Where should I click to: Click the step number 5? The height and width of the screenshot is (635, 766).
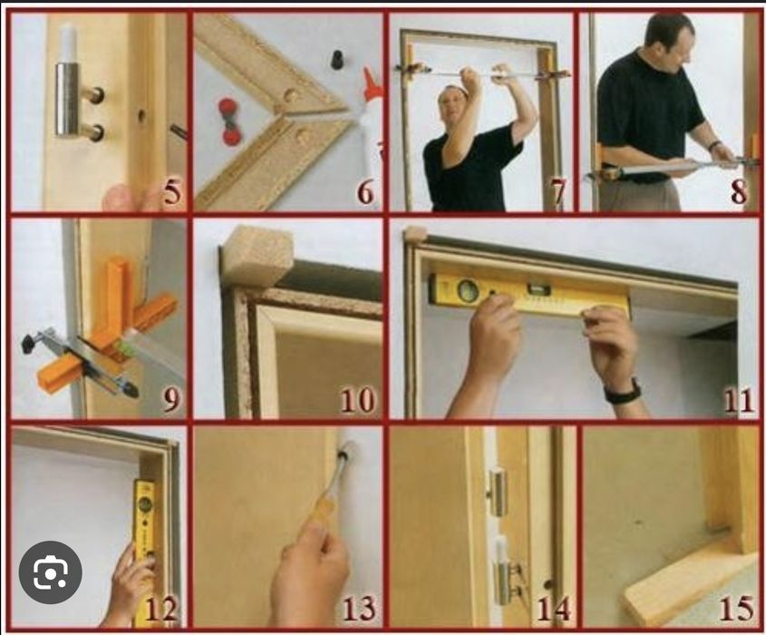point(172,192)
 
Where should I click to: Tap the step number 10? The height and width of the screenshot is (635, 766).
point(358,400)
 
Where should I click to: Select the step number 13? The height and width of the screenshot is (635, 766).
point(359,609)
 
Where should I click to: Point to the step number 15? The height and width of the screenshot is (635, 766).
point(738,608)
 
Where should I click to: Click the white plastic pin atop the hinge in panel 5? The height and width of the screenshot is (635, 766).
point(67,43)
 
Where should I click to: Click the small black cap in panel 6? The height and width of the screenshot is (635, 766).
point(335,59)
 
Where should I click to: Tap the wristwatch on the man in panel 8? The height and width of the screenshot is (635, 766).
point(714,145)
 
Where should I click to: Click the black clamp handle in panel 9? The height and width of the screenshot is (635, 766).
point(29,342)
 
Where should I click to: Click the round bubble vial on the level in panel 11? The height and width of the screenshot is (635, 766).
point(468,290)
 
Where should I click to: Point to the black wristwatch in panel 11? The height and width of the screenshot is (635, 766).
point(623,392)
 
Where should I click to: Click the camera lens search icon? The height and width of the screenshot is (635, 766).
point(51,571)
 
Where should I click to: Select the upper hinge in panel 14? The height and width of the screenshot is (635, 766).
point(498,493)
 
